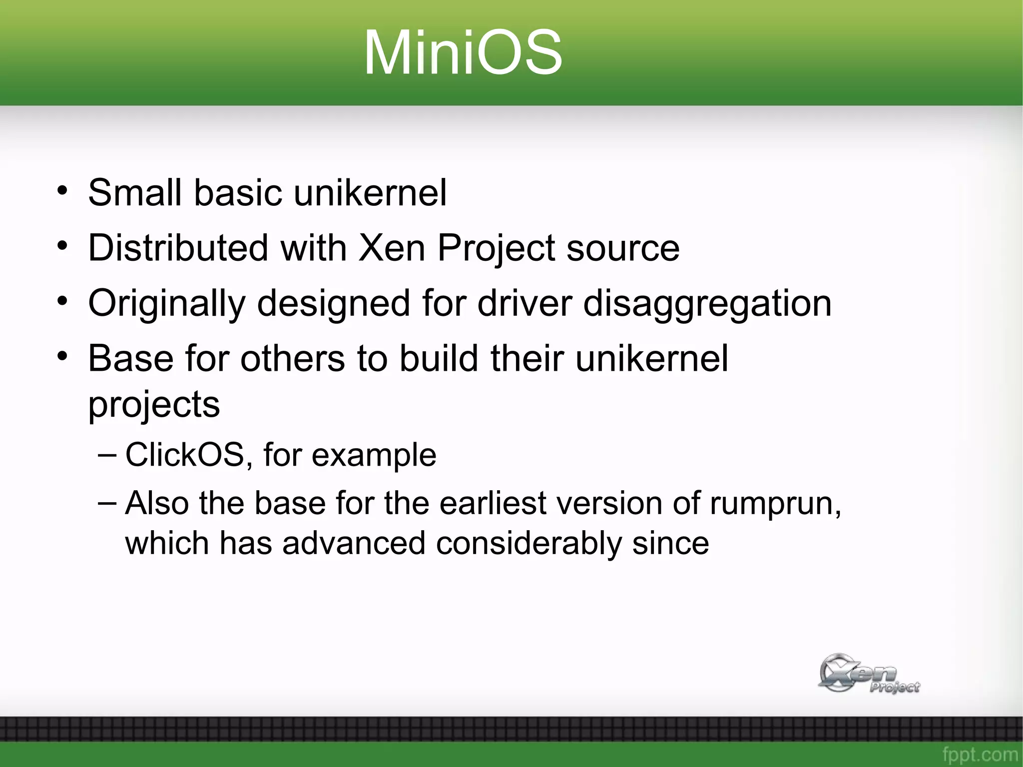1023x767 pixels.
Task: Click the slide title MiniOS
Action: point(463,52)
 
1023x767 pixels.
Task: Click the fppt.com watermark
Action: point(980,754)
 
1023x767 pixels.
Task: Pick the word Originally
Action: point(167,304)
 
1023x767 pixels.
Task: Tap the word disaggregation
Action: point(707,304)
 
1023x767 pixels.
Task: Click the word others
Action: point(293,358)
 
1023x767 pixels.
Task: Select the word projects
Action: point(154,405)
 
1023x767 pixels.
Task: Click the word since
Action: point(670,543)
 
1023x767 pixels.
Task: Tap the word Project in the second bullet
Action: point(496,248)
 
